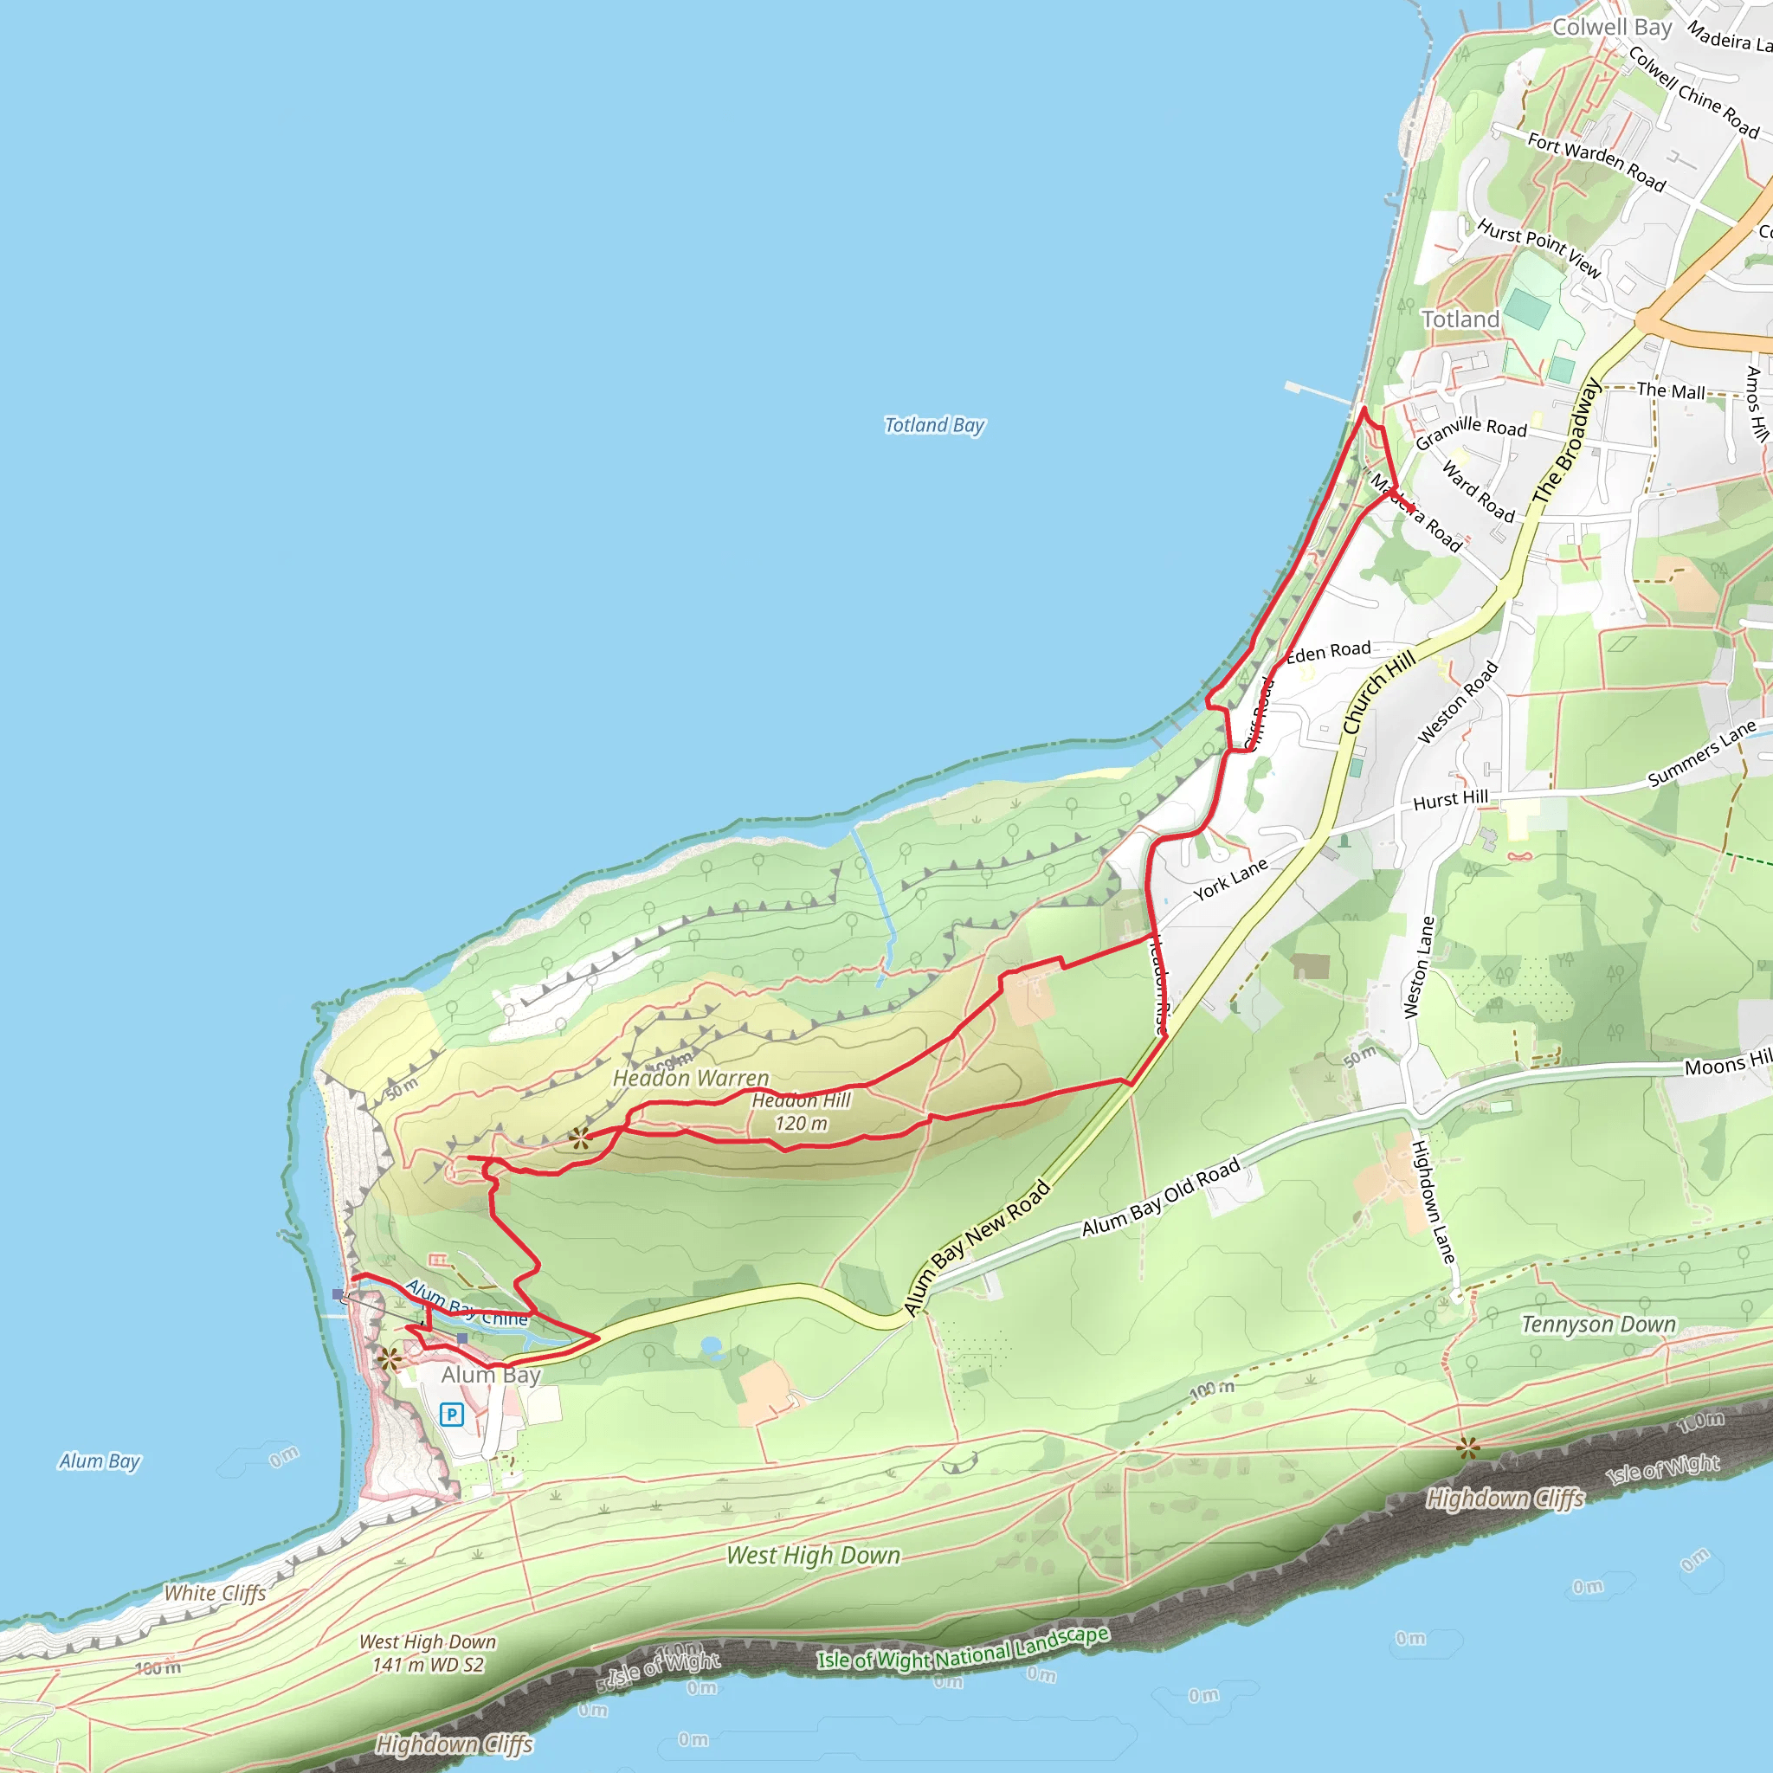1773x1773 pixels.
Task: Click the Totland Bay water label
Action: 934,425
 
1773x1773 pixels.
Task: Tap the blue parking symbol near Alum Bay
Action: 450,1415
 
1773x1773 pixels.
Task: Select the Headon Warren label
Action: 691,1079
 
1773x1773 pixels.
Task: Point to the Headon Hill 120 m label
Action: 801,1112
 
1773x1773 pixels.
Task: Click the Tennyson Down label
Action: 1599,1325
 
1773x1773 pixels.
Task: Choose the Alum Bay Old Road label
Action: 1161,1196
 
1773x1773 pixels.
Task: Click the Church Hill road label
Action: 1378,692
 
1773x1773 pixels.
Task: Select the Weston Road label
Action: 1457,702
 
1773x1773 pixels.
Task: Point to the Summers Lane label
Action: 1701,753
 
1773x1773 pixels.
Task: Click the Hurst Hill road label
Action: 1450,800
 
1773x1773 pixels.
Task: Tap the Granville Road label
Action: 1471,431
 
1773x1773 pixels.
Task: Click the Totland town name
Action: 1460,319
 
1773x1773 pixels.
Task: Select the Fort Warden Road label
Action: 1596,162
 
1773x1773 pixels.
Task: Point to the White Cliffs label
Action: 215,1593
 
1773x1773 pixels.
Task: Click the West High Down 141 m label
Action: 428,1653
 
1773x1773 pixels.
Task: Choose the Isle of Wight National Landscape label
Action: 963,1647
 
